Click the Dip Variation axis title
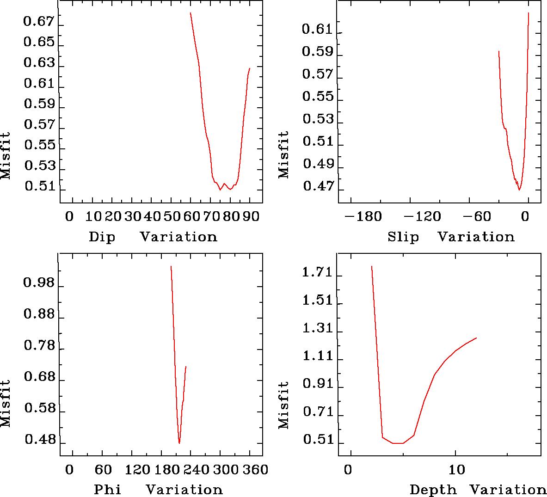[153, 237]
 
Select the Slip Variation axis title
[451, 237]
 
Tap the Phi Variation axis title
[158, 489]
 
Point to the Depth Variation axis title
[478, 490]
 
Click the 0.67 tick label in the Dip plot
[39, 22]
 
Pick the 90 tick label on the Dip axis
[250, 216]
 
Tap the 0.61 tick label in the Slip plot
[317, 30]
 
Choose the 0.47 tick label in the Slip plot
[318, 186]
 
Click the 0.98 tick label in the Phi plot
[39, 282]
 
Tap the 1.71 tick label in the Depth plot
[317, 273]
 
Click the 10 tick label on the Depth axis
[456, 470]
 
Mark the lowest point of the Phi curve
[179, 443]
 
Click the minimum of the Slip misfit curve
[519, 190]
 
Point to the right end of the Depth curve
[476, 338]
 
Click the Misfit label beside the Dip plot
[5, 156]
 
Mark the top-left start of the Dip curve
[191, 13]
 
